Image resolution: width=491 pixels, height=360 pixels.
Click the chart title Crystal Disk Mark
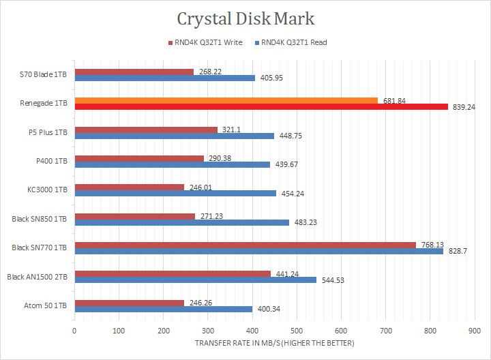(245, 18)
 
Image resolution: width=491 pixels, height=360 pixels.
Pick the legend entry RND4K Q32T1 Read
(291, 43)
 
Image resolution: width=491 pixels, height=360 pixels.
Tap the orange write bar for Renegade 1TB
(225, 100)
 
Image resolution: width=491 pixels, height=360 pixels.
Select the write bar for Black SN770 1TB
(244, 245)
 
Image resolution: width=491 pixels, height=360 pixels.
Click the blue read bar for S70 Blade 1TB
(165, 78)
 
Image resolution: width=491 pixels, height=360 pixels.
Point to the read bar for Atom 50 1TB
(164, 309)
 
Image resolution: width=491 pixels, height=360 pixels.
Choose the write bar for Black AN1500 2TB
(173, 274)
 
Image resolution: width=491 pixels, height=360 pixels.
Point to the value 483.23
(306, 222)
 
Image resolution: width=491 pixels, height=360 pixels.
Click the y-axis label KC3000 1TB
(48, 190)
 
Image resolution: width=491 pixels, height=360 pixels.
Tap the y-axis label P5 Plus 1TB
(48, 132)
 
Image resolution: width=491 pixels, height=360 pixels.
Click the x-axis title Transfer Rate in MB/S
(274, 342)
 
